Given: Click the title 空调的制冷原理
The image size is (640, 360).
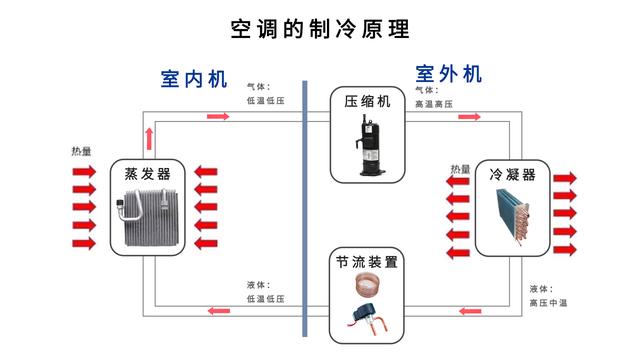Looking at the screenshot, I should click(x=320, y=28).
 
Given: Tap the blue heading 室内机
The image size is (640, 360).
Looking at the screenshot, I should click(x=195, y=79).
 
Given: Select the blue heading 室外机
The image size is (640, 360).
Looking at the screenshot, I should click(x=449, y=74).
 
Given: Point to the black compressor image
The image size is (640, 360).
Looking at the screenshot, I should click(x=368, y=146).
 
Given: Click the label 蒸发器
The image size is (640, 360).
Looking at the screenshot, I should click(x=148, y=172).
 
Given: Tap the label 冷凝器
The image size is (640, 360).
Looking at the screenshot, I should click(x=512, y=174).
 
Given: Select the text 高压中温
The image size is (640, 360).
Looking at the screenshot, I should click(x=548, y=302).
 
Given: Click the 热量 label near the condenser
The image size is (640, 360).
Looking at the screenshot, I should click(x=460, y=169).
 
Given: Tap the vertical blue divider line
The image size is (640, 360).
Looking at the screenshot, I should click(x=304, y=210).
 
